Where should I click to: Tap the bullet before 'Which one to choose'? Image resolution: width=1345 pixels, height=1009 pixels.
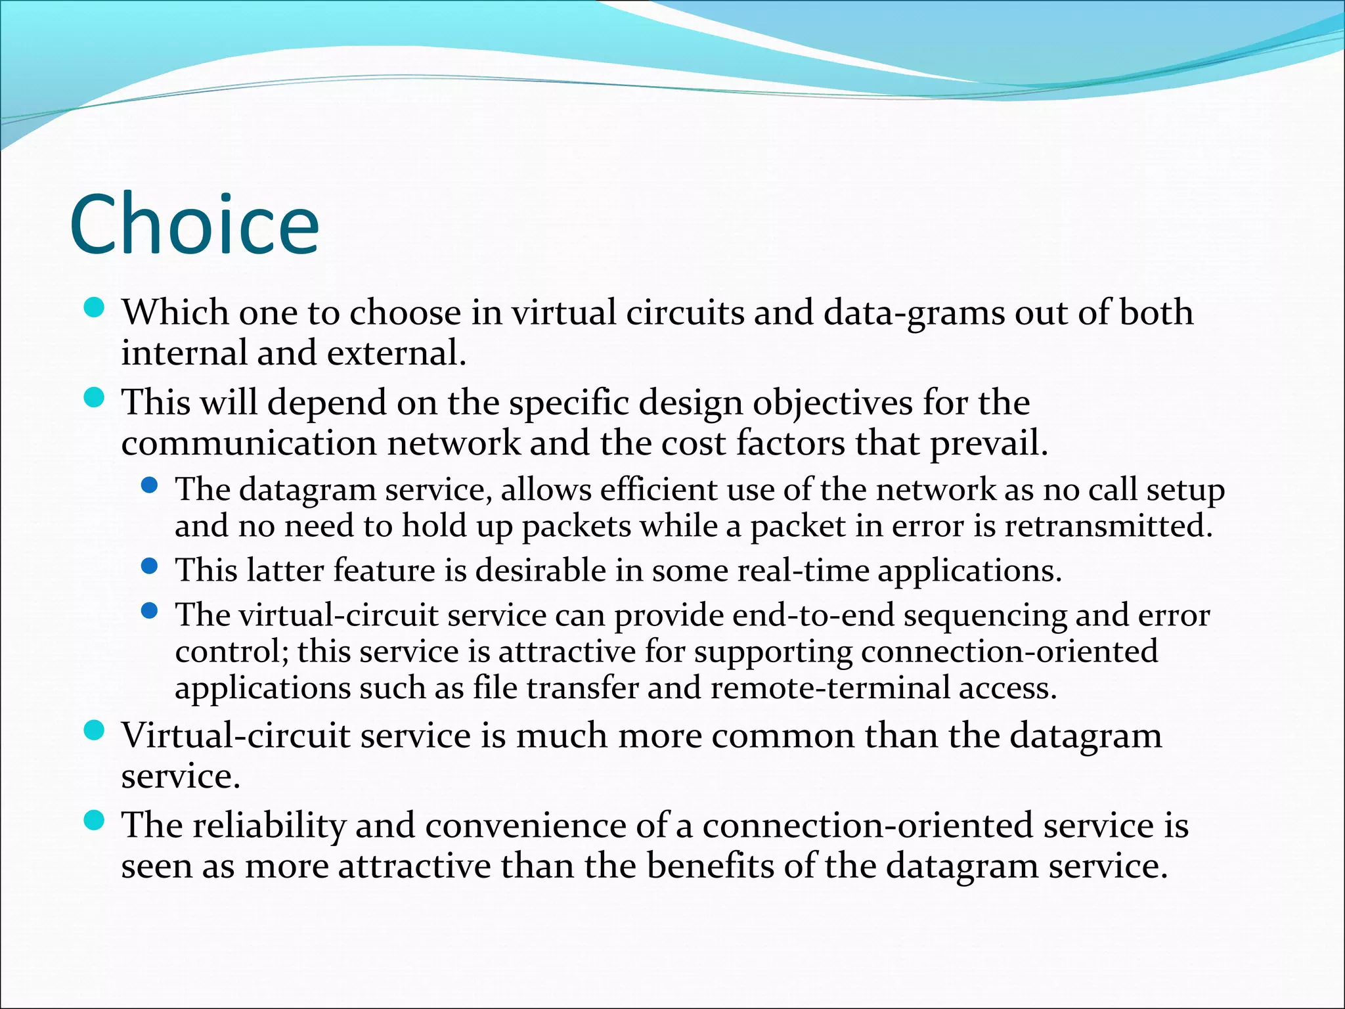coord(95,307)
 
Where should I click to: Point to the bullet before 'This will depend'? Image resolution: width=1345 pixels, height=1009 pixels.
coord(95,397)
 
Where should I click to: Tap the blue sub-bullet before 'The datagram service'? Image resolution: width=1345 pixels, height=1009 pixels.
coord(150,485)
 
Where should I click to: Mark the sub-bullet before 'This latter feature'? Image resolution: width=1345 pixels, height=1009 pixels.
coord(150,566)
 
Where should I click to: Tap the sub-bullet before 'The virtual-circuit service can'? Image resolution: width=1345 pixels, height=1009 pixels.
coord(150,611)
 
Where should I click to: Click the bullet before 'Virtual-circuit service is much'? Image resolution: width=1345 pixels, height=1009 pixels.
coord(95,730)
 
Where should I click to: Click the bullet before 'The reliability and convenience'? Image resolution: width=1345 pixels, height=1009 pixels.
coord(95,820)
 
